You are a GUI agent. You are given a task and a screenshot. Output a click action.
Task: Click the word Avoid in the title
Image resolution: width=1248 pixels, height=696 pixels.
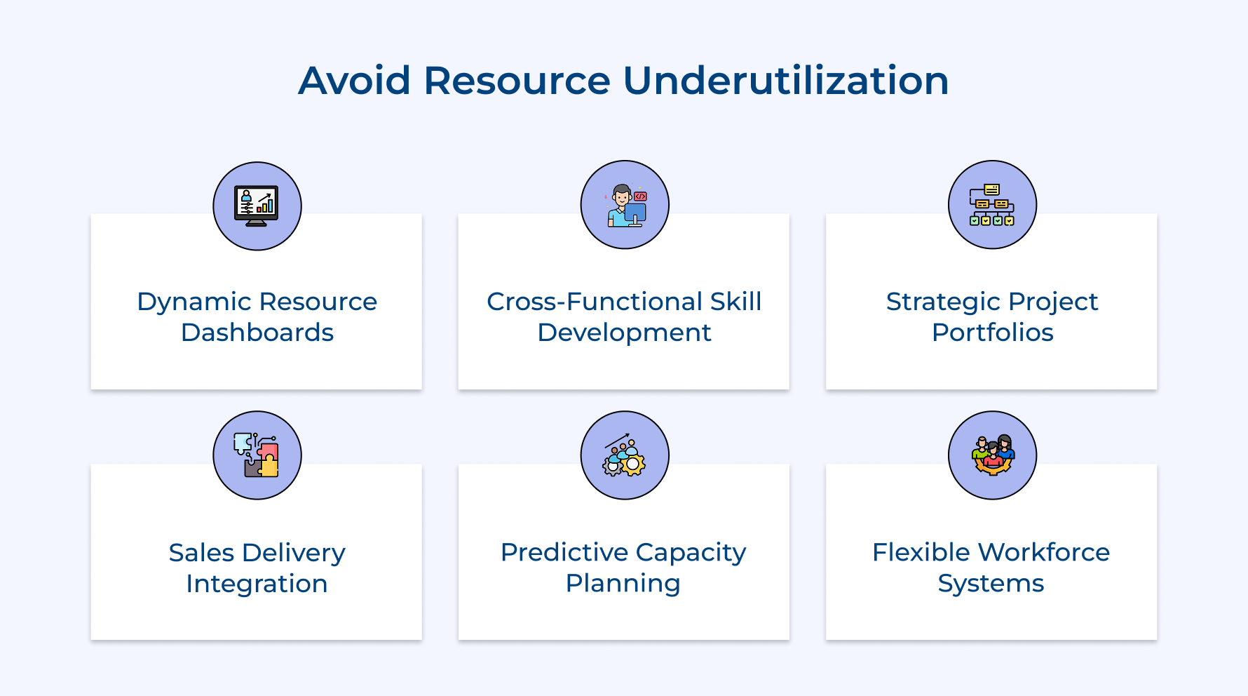point(354,81)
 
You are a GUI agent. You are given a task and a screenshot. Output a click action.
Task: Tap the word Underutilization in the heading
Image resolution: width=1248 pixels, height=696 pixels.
point(785,81)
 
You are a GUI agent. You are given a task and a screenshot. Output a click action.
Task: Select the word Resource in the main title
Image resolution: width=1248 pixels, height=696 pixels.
point(517,81)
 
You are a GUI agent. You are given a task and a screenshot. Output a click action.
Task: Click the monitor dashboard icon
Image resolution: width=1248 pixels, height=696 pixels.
point(257,206)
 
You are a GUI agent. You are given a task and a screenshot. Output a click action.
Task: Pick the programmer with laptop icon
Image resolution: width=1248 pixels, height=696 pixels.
point(625,205)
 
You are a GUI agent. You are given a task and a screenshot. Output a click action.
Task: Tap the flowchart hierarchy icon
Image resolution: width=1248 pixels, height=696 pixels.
point(992,205)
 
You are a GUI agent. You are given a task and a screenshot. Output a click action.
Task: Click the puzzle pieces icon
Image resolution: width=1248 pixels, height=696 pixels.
point(257,455)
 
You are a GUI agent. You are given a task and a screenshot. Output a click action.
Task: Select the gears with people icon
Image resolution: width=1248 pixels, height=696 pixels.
point(625,455)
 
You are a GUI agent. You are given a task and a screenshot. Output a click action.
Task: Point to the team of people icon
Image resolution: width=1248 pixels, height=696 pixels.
point(992,455)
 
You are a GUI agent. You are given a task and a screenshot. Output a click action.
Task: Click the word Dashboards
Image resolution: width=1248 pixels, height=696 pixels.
point(257,333)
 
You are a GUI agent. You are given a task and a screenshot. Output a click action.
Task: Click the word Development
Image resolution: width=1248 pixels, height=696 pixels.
point(624,333)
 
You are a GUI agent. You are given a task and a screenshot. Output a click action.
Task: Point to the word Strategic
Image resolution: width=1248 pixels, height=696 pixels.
point(937,302)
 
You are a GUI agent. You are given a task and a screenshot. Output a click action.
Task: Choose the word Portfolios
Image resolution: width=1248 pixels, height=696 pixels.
point(992,333)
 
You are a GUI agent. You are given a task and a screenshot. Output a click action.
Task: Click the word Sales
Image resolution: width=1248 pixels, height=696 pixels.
point(201,553)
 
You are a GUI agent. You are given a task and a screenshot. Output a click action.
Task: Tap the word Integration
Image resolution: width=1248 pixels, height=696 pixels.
point(257,584)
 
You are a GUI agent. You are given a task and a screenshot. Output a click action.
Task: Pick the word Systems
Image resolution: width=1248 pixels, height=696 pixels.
point(991,584)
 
